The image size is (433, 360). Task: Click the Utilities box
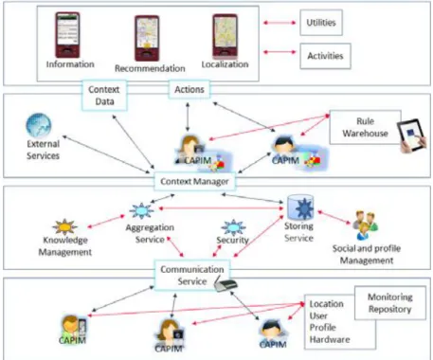pyautogui.click(x=321, y=23)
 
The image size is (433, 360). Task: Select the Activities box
pyautogui.click(x=325, y=56)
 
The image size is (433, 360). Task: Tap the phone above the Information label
pyautogui.click(x=67, y=35)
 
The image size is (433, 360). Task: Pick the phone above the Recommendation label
pyautogui.click(x=147, y=38)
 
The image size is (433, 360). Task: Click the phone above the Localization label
pyautogui.click(x=225, y=36)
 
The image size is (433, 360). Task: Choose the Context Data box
pyautogui.click(x=104, y=95)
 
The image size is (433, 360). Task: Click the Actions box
pyautogui.click(x=189, y=89)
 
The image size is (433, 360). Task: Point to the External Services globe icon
pyautogui.click(x=38, y=125)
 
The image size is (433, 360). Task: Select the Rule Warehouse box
pyautogui.click(x=366, y=127)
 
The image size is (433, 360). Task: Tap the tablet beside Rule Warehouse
pyautogui.click(x=412, y=135)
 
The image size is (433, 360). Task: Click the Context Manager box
pyautogui.click(x=194, y=182)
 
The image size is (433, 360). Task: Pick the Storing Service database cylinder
pyautogui.click(x=300, y=207)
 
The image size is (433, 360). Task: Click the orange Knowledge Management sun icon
pyautogui.click(x=64, y=226)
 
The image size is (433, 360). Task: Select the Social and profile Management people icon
pyautogui.click(x=365, y=225)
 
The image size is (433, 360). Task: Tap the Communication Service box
pyautogui.click(x=192, y=275)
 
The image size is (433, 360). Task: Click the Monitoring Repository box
pyautogui.click(x=390, y=303)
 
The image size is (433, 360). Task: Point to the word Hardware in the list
pyautogui.click(x=330, y=340)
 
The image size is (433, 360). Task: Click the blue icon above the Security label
pyautogui.click(x=233, y=227)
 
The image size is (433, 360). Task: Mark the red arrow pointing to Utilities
pyautogui.click(x=280, y=23)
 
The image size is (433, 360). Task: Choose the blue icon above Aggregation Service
pyautogui.click(x=141, y=210)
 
